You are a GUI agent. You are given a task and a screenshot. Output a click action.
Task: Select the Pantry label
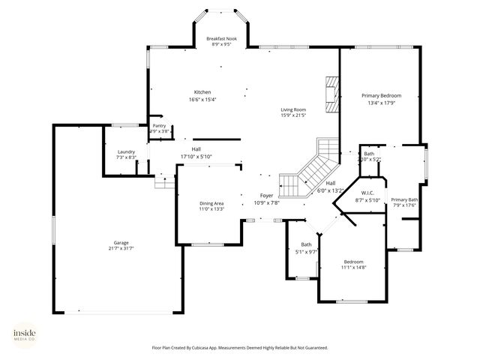tap(159, 126)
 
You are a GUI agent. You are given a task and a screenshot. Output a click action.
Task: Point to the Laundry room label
tap(126, 151)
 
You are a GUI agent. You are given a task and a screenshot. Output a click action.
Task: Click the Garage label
tap(121, 242)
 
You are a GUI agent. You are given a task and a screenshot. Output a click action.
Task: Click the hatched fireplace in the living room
tap(331, 94)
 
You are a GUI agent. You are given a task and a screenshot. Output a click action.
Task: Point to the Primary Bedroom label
tap(381, 96)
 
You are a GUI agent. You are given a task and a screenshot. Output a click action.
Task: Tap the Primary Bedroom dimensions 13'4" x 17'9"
tap(381, 103)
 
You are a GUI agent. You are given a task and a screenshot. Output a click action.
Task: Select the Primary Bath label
tap(403, 199)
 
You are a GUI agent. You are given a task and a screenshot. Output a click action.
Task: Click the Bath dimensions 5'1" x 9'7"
tap(306, 251)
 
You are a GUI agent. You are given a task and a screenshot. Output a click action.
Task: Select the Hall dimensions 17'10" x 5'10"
tap(196, 156)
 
